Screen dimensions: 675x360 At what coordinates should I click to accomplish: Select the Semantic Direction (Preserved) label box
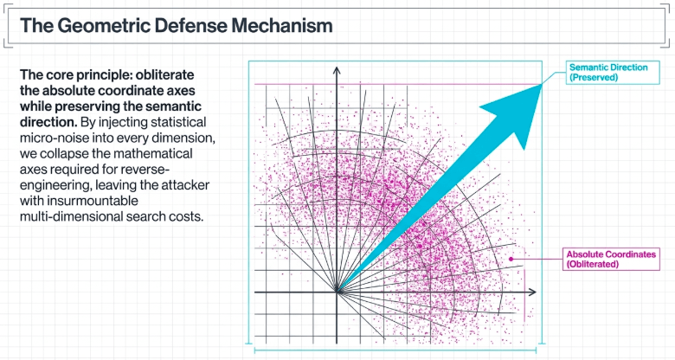coord(612,73)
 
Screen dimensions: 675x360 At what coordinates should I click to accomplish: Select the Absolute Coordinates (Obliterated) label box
coord(611,259)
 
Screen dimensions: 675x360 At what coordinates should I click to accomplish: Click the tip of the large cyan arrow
coord(541,85)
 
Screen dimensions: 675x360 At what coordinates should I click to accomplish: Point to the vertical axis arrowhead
coord(337,70)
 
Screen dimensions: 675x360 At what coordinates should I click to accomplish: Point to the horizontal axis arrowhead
coord(532,292)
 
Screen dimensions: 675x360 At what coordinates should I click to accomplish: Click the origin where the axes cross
coord(337,292)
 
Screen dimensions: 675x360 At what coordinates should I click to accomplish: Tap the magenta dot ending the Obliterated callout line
coord(511,259)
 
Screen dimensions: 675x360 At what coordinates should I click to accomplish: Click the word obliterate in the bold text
coord(164,75)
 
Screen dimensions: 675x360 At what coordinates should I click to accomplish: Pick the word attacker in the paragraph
coord(185,185)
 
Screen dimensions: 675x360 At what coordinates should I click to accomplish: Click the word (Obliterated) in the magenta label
coord(592,264)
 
